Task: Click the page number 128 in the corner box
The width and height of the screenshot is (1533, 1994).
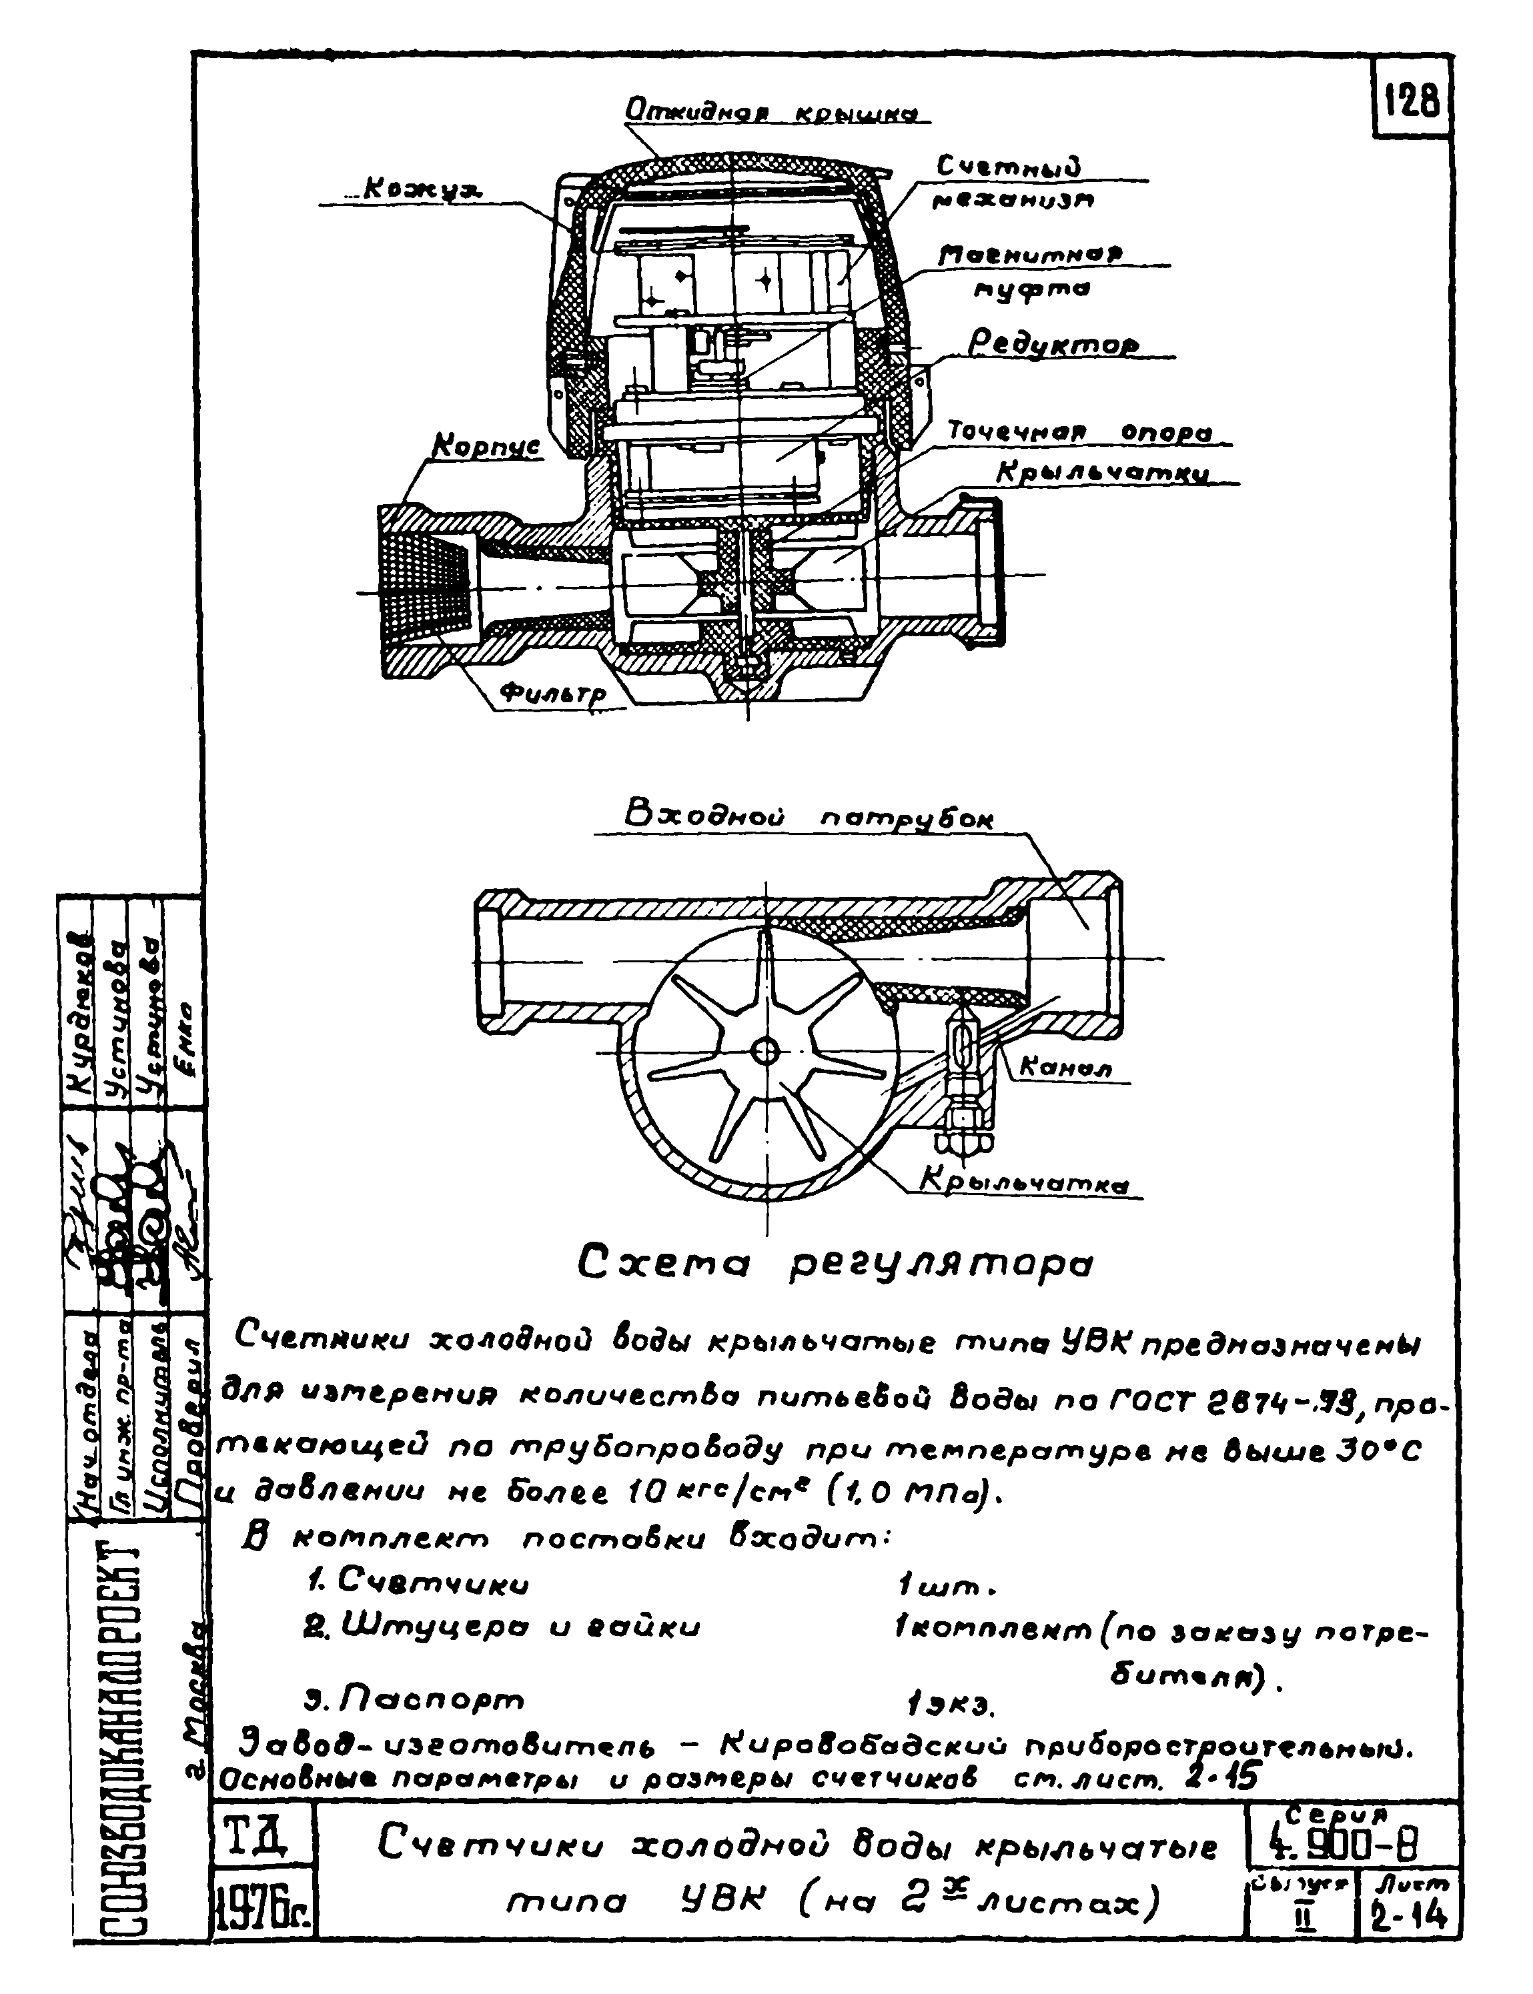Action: (x=1412, y=99)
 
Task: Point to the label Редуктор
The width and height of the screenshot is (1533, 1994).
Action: (x=1053, y=345)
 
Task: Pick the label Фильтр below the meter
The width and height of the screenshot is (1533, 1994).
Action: (x=552, y=695)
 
